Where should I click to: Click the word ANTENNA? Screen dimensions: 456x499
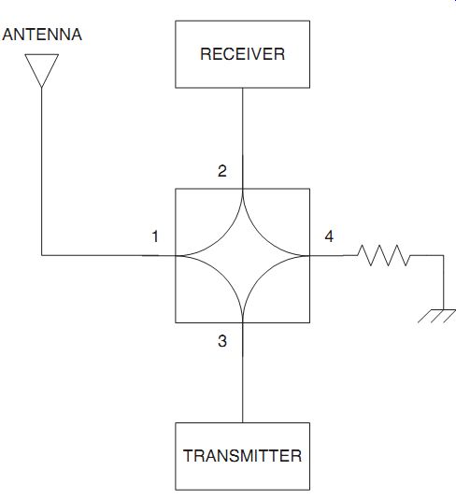click(x=42, y=35)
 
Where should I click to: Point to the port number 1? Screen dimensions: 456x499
click(x=155, y=236)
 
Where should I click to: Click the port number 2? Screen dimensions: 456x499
click(x=222, y=171)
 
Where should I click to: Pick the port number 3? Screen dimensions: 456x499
click(x=222, y=341)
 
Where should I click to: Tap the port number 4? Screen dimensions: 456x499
click(x=329, y=236)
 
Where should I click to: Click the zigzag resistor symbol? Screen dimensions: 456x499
click(x=383, y=255)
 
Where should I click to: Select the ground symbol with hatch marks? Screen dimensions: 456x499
click(x=437, y=316)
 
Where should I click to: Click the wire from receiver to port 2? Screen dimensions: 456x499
click(x=242, y=138)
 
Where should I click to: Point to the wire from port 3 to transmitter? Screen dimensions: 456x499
click(x=242, y=373)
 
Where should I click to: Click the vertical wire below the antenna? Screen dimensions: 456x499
click(x=42, y=171)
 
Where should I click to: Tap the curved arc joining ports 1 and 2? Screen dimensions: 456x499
click(x=223, y=236)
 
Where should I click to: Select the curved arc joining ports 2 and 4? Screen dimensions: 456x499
click(x=262, y=236)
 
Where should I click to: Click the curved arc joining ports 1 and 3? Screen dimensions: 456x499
click(x=223, y=275)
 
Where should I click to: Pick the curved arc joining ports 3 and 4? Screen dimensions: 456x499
click(x=262, y=275)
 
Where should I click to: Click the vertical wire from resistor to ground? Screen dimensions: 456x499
click(x=443, y=282)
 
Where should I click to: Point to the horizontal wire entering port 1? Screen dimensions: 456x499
click(x=108, y=255)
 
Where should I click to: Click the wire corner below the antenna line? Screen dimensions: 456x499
click(x=42, y=255)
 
